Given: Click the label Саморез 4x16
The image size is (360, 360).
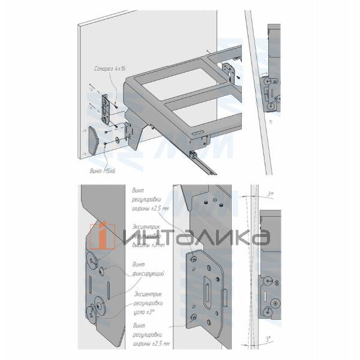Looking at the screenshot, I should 110,70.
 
